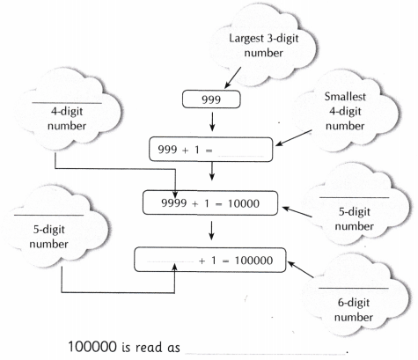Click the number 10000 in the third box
pos(252,205)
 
